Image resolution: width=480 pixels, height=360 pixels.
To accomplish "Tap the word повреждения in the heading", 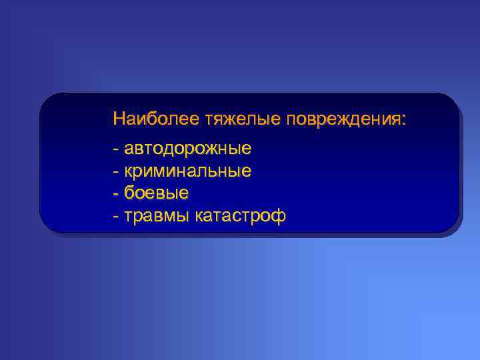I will point(342,119).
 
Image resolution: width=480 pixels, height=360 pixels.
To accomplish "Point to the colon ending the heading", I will point(402,121).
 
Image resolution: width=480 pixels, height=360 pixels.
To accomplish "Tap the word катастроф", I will point(241,216).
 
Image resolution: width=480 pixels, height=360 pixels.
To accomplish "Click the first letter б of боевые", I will point(129,193).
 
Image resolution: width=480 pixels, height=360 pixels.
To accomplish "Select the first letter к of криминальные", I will point(128,171).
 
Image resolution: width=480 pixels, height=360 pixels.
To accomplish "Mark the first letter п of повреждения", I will point(291,121).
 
